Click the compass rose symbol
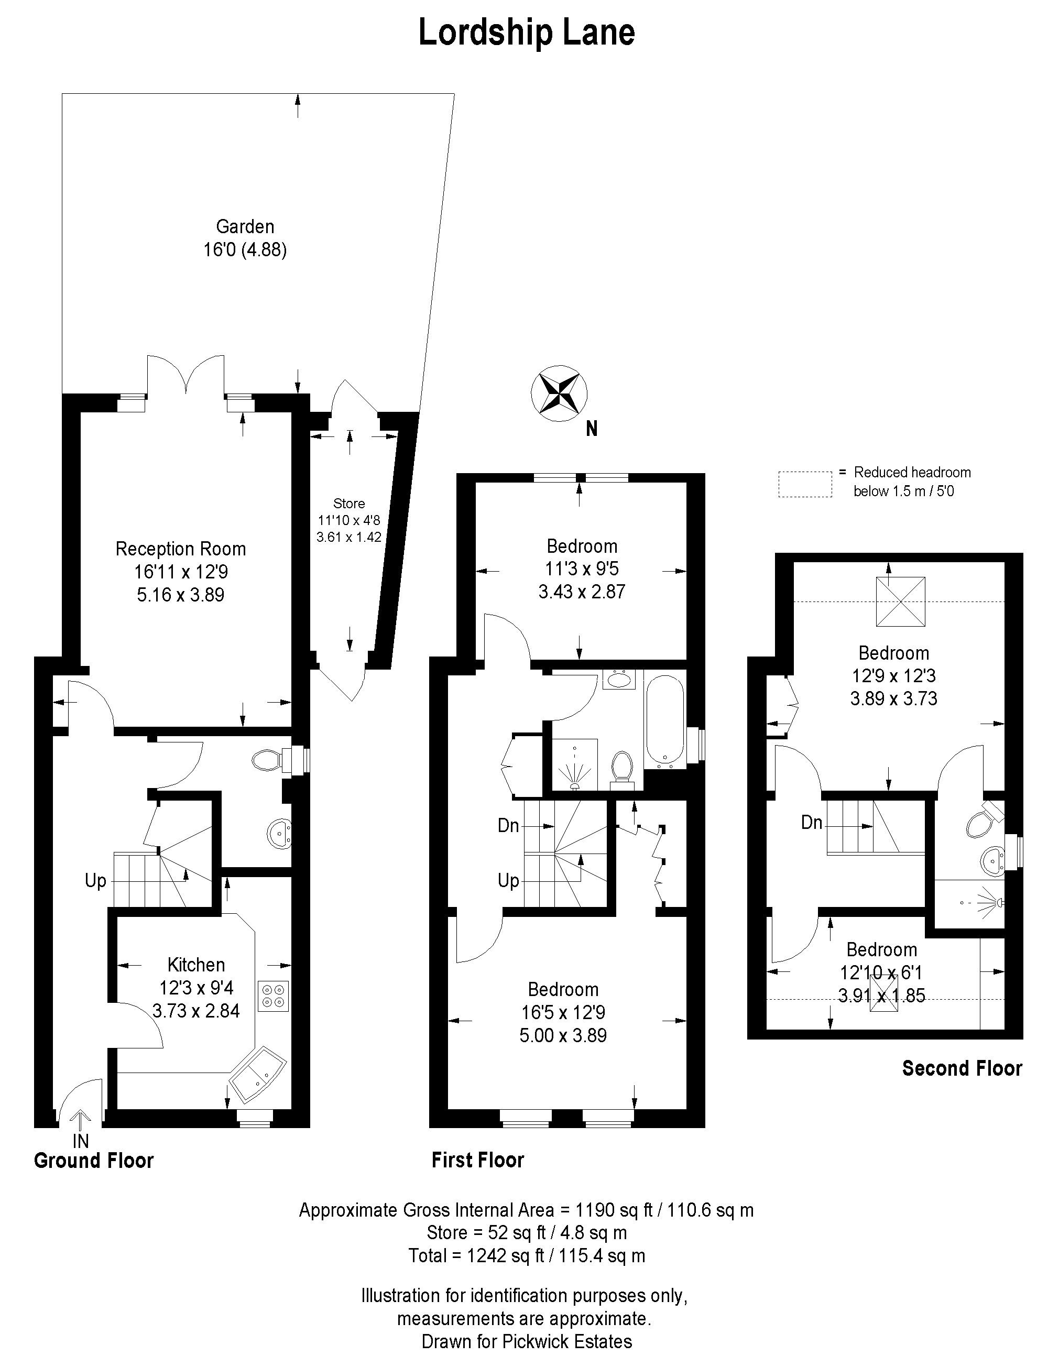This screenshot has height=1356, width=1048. tap(560, 393)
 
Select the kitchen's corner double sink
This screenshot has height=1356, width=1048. tap(258, 1077)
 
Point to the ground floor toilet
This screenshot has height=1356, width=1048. tap(273, 760)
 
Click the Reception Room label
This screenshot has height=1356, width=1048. tap(181, 549)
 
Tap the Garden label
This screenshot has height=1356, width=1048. tap(245, 227)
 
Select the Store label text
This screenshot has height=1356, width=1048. tap(349, 503)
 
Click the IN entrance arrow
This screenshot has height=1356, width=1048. tap(81, 1122)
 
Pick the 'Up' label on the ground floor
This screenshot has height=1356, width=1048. tap(95, 881)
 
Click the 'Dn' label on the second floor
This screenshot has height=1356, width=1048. tap(812, 823)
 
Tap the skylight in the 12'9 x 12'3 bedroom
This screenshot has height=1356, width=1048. tap(900, 602)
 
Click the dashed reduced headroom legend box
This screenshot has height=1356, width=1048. tap(805, 484)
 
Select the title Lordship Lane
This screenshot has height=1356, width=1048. tap(527, 33)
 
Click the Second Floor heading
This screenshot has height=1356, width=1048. tap(962, 1068)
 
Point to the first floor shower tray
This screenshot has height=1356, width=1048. tap(574, 764)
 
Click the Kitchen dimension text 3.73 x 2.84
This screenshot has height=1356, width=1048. tap(196, 1011)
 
